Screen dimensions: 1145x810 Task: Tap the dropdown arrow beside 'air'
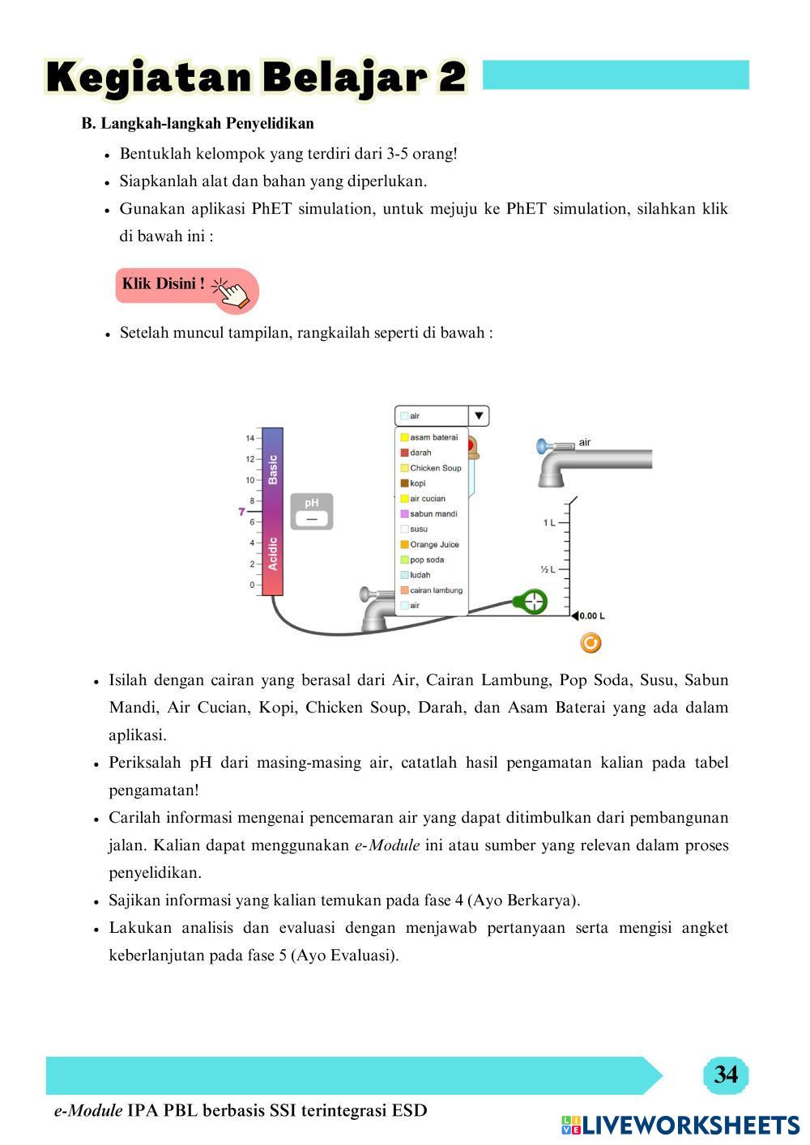point(479,416)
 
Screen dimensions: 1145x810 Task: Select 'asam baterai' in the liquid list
point(433,437)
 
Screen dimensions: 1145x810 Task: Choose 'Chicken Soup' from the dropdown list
point(434,468)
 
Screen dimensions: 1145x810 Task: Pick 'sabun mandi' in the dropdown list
point(433,514)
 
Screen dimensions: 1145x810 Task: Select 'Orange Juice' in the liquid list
point(433,545)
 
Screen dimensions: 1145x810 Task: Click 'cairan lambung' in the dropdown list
point(435,590)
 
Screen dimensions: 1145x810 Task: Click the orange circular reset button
point(591,643)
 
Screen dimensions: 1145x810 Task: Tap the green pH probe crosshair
point(533,602)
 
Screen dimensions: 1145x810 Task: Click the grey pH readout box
point(312,512)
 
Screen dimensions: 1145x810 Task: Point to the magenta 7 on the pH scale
point(241,512)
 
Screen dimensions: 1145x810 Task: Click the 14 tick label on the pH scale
point(249,438)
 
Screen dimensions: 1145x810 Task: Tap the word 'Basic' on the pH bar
point(273,470)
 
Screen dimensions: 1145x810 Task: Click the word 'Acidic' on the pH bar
point(273,554)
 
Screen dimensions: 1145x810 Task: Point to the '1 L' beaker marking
point(549,523)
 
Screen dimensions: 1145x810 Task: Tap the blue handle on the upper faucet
point(544,445)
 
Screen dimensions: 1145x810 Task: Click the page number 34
point(726,1075)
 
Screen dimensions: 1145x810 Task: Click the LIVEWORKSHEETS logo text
point(690,1125)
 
